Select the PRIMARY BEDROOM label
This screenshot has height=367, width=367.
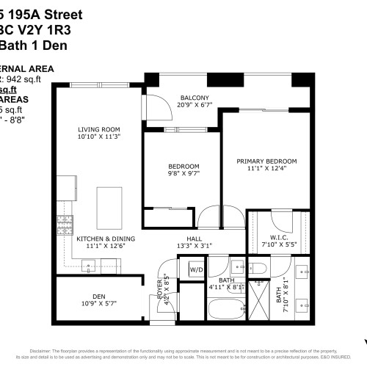(266, 161)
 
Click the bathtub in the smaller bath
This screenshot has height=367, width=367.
(227, 300)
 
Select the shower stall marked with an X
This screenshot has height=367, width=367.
(260, 301)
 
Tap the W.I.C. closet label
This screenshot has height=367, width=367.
(270, 238)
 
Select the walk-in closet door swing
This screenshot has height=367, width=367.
(281, 219)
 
